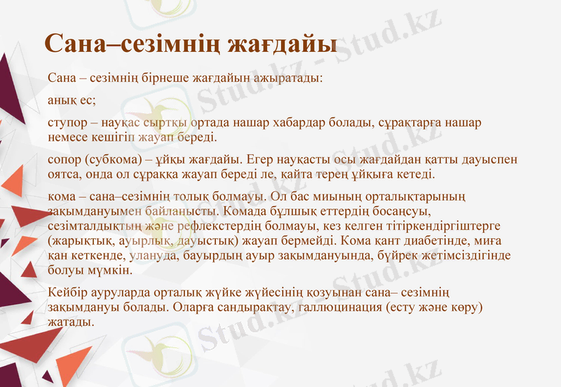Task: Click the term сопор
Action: click(x=64, y=160)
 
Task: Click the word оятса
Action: click(x=63, y=173)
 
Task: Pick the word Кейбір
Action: click(x=65, y=292)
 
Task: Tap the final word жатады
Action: click(x=70, y=321)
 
